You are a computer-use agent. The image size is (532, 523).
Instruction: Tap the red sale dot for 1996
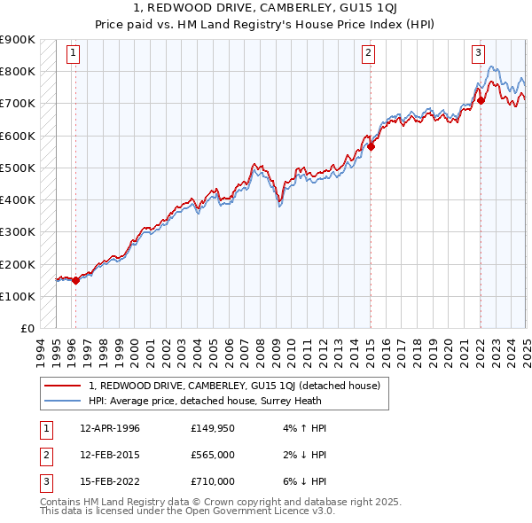click(x=75, y=280)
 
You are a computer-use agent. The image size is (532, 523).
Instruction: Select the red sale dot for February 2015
click(x=371, y=147)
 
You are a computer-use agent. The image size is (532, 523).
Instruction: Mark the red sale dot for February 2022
click(x=481, y=100)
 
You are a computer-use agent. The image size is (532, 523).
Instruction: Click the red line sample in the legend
click(x=63, y=386)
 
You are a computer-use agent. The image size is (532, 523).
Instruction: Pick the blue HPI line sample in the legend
click(x=63, y=401)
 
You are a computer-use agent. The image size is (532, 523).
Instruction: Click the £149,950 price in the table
click(x=212, y=428)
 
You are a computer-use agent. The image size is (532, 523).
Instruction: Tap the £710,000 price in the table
click(x=212, y=481)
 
